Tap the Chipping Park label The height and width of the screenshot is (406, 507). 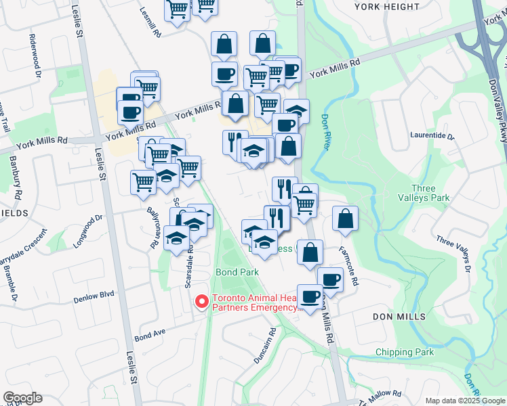(x=405, y=352)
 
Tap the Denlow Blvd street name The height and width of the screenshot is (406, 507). (x=94, y=296)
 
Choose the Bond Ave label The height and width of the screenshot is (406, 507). (x=150, y=335)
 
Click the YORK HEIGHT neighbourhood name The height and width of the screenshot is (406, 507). (x=387, y=7)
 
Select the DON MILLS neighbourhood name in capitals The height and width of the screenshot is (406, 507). (x=399, y=316)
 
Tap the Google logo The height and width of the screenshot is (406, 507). (x=22, y=398)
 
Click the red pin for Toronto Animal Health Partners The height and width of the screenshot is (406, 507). (x=201, y=302)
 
